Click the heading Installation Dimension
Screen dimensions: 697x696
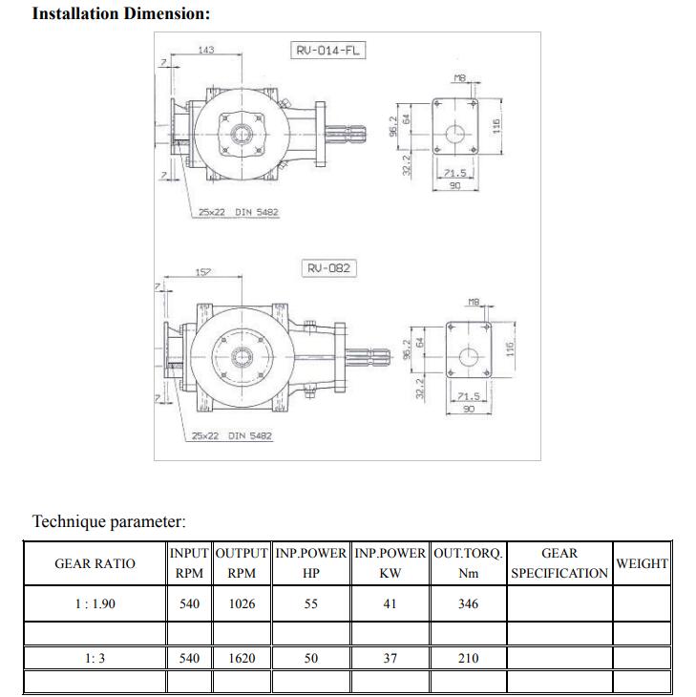121,14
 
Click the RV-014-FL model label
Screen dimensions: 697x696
327,50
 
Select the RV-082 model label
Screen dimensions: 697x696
328,268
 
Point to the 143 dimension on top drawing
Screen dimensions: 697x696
205,50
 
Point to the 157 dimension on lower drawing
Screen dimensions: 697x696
203,273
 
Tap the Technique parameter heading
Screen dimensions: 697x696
109,521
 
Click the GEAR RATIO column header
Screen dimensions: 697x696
95,563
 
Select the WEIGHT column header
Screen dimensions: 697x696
642,563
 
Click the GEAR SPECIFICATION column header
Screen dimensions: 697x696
559,563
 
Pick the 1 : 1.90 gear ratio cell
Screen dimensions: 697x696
95,603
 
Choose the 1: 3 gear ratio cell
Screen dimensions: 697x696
95,658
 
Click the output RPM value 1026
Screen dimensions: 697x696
243,603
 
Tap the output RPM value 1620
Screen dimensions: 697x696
243,658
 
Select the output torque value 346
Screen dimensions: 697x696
468,603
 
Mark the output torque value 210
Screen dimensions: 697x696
468,658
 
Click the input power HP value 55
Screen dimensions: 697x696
311,603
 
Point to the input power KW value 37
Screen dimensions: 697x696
390,658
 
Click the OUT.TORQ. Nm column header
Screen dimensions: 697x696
468,563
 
